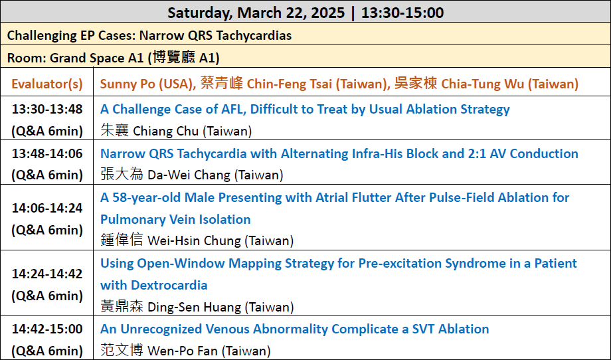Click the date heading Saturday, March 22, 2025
pyautogui.click(x=256, y=13)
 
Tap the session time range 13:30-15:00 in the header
pyautogui.click(x=402, y=13)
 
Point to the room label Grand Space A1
pyautogui.click(x=97, y=58)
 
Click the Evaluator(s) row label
pyautogui.click(x=46, y=84)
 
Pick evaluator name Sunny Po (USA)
pyautogui.click(x=147, y=84)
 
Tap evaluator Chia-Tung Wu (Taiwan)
pyautogui.click(x=486, y=84)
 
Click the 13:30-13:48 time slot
pyautogui.click(x=47, y=109)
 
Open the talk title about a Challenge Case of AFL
pyautogui.click(x=305, y=109)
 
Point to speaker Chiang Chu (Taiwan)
pyautogui.click(x=176, y=131)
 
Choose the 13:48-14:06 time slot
pyautogui.click(x=47, y=153)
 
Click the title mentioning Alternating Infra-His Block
pyautogui.click(x=339, y=153)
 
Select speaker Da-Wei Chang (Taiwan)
pyautogui.click(x=192, y=175)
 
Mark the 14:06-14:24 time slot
pyautogui.click(x=47, y=208)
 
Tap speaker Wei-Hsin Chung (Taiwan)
pyautogui.click(x=197, y=240)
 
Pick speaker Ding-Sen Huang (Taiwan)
pyautogui.click(x=197, y=307)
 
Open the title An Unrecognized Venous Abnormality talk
pyautogui.click(x=295, y=329)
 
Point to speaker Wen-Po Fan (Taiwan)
pyautogui.click(x=185, y=351)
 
